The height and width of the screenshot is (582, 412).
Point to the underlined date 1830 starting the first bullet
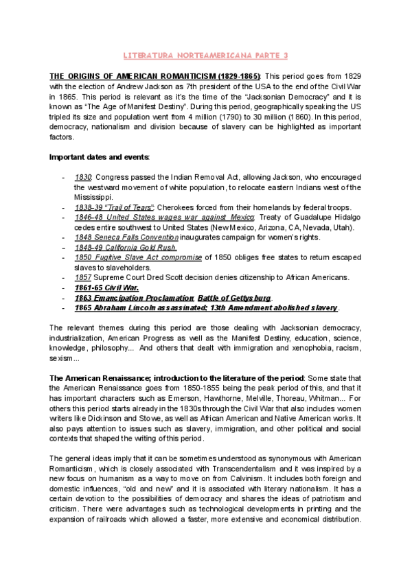click(83, 176)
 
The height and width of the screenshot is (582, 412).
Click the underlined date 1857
click(82, 277)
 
